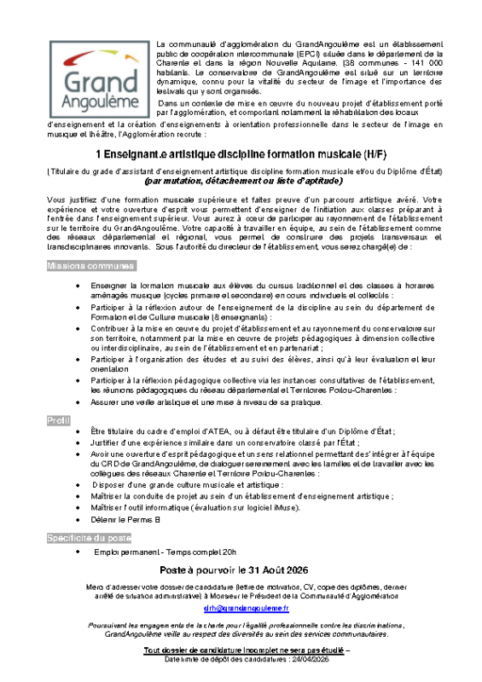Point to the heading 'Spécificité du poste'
coord(90,539)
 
